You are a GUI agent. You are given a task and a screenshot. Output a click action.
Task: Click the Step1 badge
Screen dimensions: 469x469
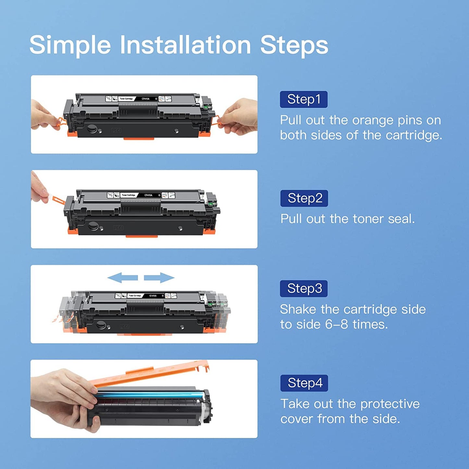pos(303,99)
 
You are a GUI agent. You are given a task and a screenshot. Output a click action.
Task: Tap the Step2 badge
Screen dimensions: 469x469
pos(304,198)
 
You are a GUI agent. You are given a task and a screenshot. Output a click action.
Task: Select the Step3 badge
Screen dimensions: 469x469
pos(304,289)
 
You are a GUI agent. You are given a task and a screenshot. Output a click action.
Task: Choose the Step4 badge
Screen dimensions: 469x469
pos(304,383)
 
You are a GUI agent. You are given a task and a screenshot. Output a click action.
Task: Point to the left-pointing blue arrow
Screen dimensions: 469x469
pos(122,278)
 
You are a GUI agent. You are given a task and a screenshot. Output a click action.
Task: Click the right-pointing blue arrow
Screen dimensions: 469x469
pos(159,278)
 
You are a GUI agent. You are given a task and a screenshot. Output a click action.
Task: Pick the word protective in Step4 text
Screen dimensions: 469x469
pos(390,404)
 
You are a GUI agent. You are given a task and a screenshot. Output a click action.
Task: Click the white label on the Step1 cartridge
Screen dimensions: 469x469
pos(139,99)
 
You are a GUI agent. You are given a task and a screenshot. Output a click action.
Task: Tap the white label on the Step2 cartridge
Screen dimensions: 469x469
pos(141,195)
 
